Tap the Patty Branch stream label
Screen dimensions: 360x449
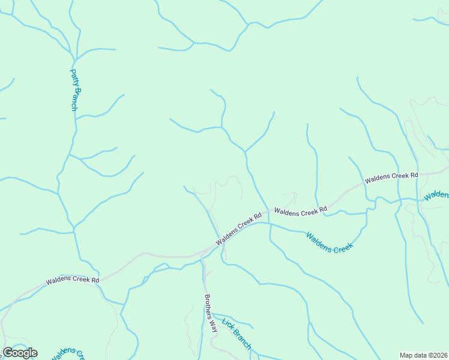click(74, 90)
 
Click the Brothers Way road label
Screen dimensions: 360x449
click(209, 313)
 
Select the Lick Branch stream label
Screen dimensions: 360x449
click(237, 333)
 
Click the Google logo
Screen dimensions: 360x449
click(20, 353)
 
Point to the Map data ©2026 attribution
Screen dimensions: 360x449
click(424, 355)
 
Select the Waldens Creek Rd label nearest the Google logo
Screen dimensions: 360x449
click(72, 280)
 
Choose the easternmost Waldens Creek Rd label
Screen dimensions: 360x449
click(391, 177)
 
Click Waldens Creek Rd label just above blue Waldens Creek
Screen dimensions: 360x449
click(301, 211)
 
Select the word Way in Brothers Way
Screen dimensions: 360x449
click(212, 326)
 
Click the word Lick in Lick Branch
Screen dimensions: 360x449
click(227, 324)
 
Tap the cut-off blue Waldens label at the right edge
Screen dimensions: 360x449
click(436, 195)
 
